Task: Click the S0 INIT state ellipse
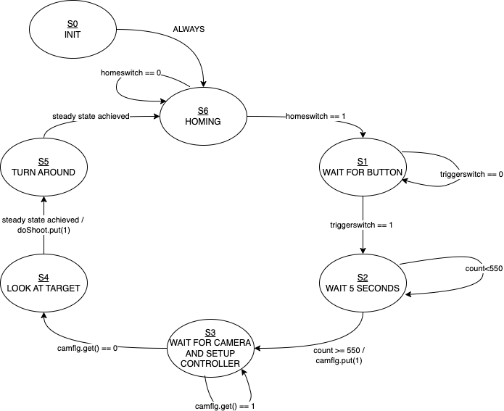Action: (73, 30)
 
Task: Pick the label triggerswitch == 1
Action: (361, 225)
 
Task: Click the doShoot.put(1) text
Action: (44, 230)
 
